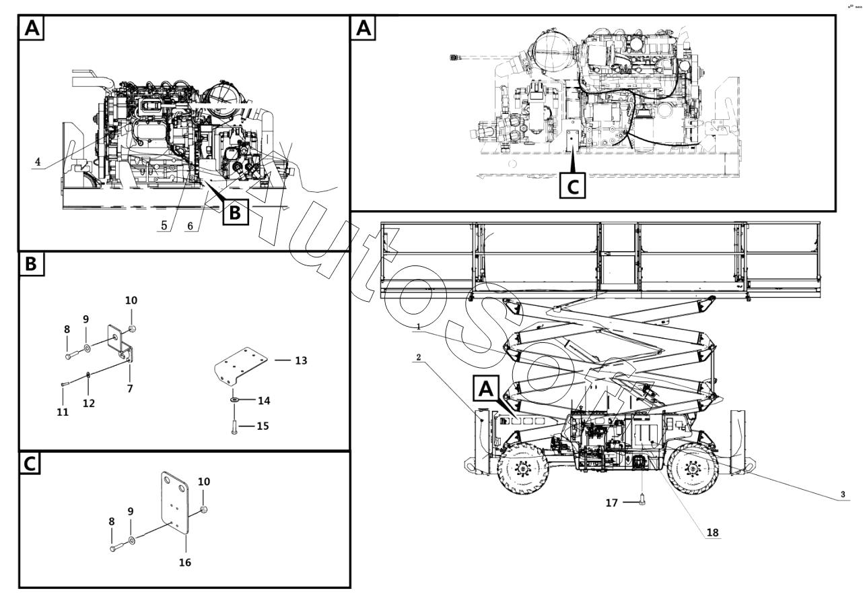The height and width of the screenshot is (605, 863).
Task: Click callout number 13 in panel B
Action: point(301,360)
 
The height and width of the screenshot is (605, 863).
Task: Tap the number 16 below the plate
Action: point(184,562)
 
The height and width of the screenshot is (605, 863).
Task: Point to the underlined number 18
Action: point(712,532)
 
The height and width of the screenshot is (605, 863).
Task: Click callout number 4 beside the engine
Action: point(38,162)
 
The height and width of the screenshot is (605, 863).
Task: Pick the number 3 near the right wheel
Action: point(841,495)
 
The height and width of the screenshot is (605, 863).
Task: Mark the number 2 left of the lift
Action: point(418,357)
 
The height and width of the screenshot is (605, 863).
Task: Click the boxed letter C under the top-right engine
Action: point(573,185)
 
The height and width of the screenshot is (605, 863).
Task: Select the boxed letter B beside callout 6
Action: point(234,212)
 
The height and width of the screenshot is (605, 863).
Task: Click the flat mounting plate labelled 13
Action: point(242,364)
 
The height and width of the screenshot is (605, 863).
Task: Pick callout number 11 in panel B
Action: point(63,412)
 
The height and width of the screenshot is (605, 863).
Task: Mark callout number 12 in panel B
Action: point(89,403)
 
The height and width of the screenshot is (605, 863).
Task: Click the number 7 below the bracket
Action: point(130,389)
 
